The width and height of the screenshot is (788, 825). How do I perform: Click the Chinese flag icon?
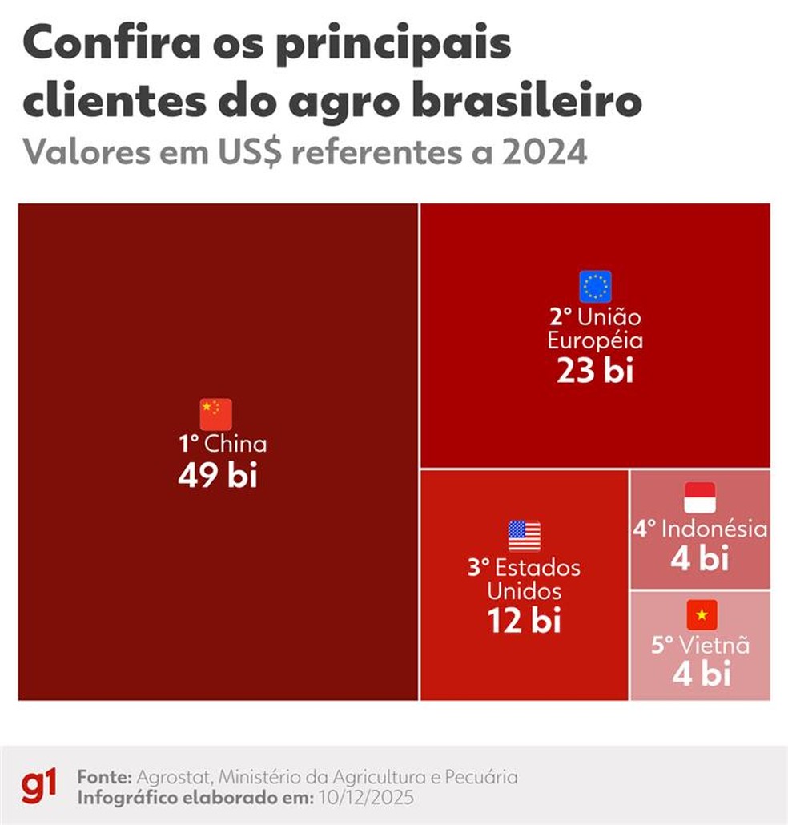215,414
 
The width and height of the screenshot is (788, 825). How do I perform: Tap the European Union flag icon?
595,286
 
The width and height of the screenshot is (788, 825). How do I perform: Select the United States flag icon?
525,536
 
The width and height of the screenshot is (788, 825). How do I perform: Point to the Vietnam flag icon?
702,614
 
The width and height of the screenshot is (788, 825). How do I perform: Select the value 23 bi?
595,371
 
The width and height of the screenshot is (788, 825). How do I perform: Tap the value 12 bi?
525,620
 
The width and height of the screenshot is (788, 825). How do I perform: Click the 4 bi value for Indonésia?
700,559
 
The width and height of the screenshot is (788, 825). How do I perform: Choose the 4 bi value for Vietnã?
702,674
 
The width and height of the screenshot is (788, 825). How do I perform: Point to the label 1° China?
222,444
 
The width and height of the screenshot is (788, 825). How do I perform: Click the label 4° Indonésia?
701,529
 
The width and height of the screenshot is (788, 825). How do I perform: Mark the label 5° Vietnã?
700,645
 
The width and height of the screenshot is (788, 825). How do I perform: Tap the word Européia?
595,340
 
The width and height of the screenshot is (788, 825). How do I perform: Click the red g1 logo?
38,787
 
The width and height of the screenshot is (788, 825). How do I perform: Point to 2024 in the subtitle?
545,151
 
